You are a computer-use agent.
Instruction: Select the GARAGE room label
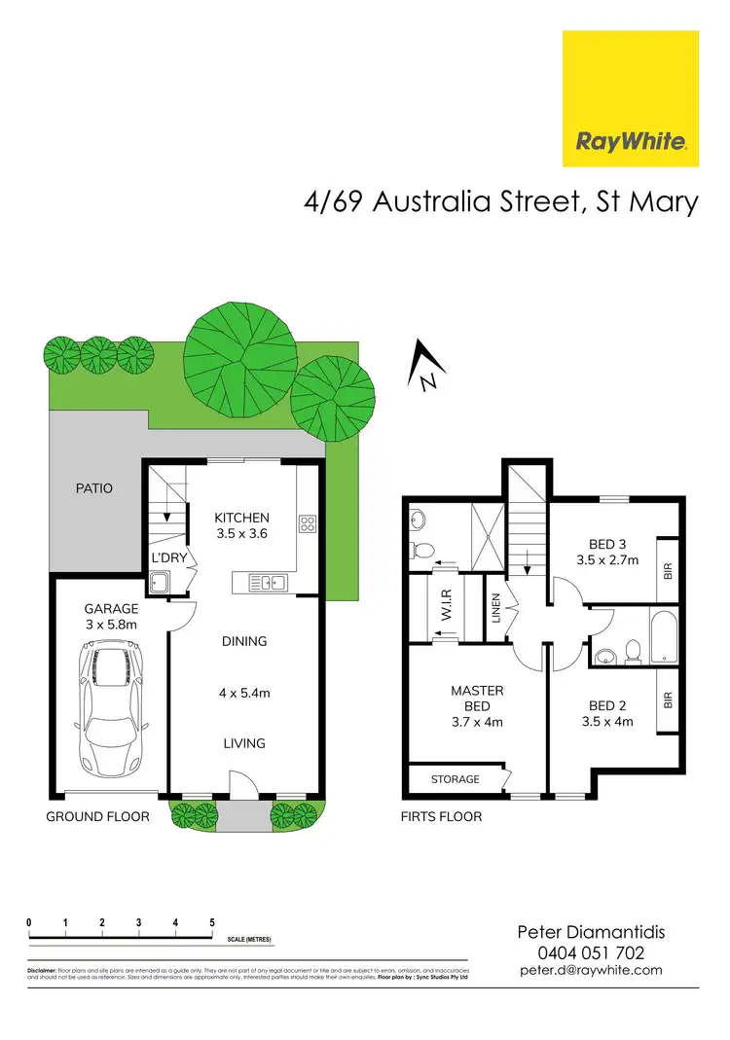point(111,609)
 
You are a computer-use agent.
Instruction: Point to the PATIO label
point(93,487)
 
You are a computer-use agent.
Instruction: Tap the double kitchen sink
point(264,583)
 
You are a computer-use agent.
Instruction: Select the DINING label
point(243,641)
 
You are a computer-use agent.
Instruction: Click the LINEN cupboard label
point(495,610)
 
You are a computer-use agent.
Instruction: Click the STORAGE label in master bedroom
point(455,779)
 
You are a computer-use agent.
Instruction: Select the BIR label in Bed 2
point(668,699)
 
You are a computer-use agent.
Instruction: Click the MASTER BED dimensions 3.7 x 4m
point(476,722)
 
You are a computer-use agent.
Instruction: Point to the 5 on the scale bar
point(212,921)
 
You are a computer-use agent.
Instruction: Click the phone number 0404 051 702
point(590,953)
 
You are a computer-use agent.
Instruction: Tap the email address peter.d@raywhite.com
point(590,970)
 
